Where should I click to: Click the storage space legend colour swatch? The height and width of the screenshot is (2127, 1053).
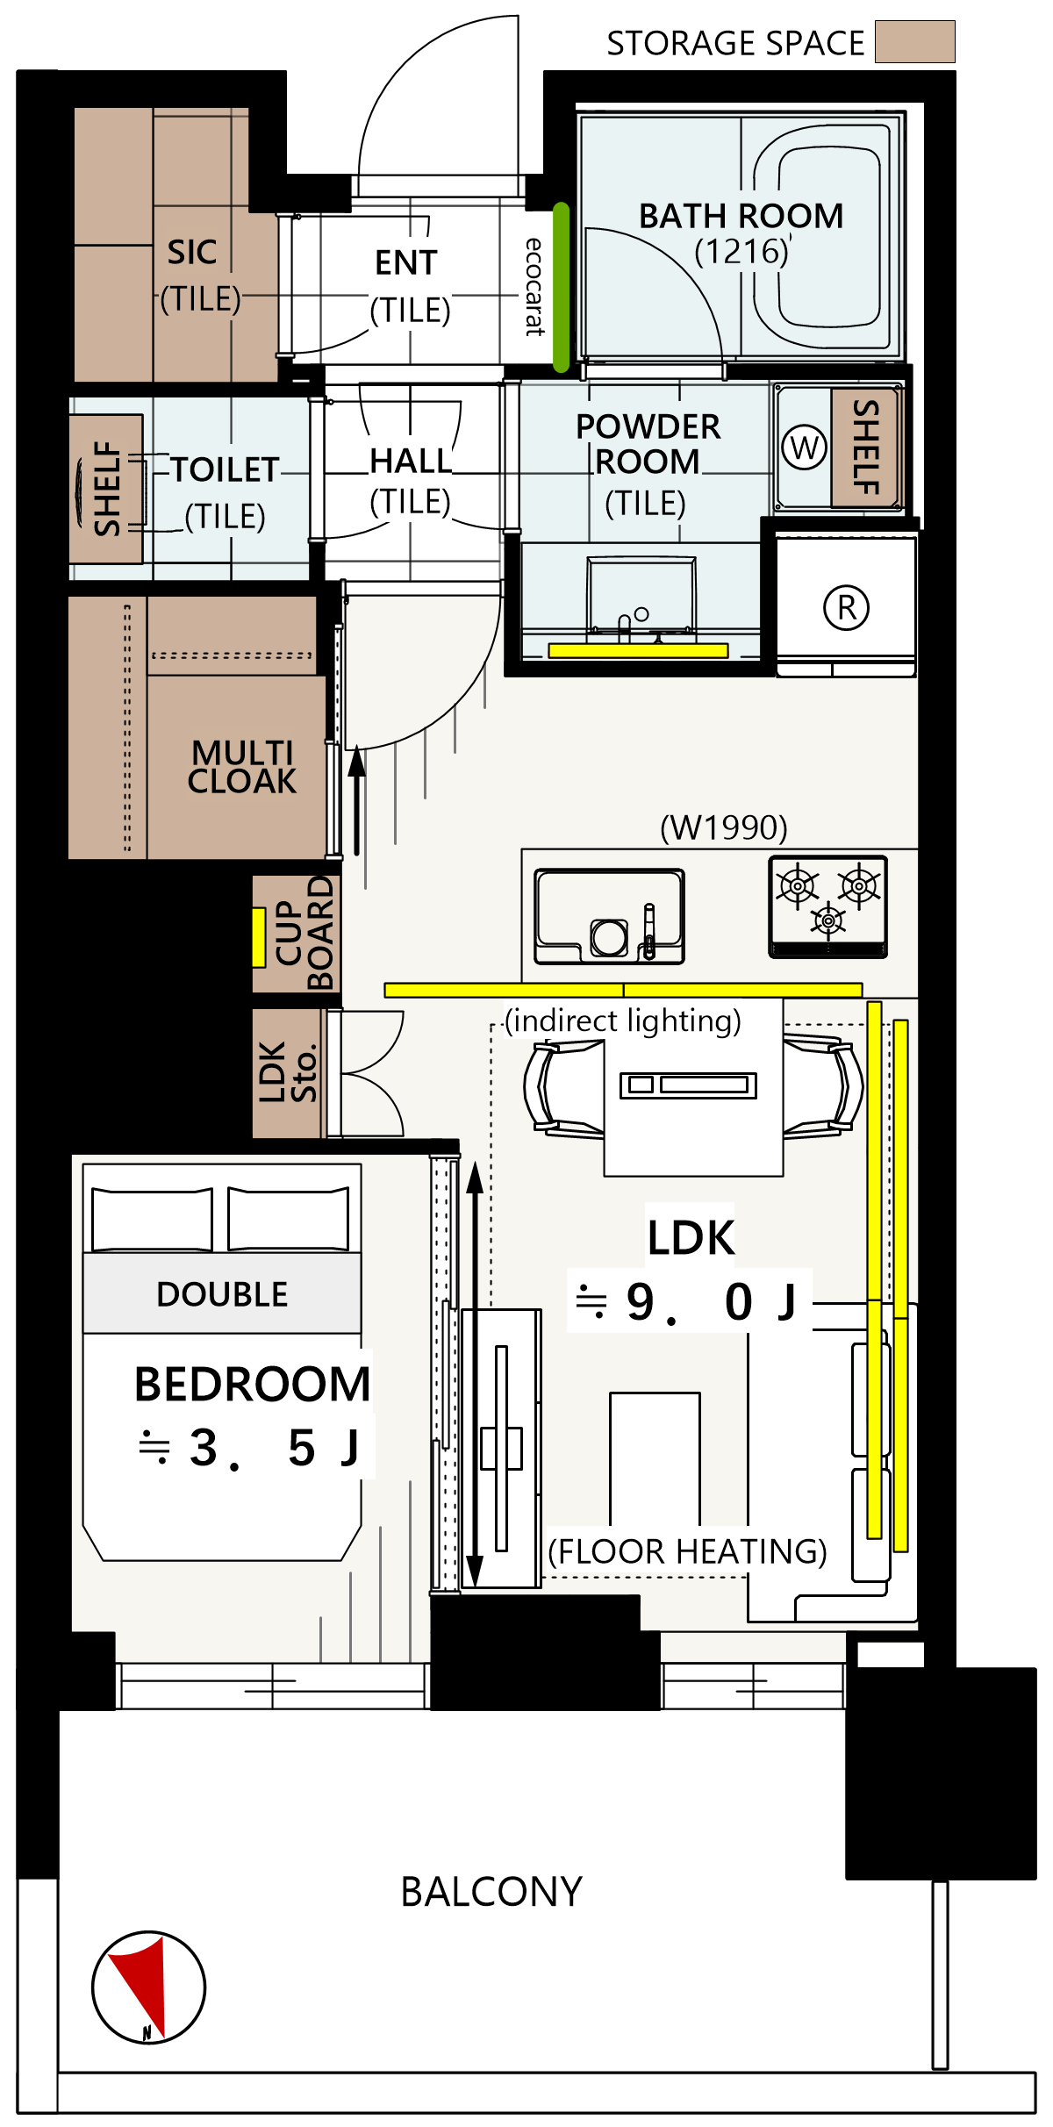pyautogui.click(x=915, y=42)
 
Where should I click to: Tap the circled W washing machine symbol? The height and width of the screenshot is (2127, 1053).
pyautogui.click(x=805, y=448)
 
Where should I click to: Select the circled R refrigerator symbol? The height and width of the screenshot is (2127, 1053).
pyautogui.click(x=847, y=607)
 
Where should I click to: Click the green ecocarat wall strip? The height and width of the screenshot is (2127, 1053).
pyautogui.click(x=562, y=288)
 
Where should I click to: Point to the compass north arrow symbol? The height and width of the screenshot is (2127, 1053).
pyautogui.click(x=148, y=1987)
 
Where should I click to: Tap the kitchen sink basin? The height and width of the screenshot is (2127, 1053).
pyautogui.click(x=610, y=917)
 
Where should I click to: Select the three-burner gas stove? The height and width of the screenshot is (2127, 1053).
pyautogui.click(x=828, y=906)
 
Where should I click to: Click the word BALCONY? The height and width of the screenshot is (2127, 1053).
pyautogui.click(x=491, y=1892)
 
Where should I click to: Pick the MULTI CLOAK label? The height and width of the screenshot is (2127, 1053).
pyautogui.click(x=242, y=767)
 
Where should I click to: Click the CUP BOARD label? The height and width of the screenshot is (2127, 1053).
pyautogui.click(x=304, y=933)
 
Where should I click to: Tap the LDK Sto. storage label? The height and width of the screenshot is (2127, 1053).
pyautogui.click(x=288, y=1072)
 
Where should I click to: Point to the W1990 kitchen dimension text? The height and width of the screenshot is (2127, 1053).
pyautogui.click(x=724, y=827)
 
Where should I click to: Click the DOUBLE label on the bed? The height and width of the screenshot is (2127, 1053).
pyautogui.click(x=222, y=1294)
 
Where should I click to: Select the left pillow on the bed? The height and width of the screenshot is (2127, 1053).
pyautogui.click(x=152, y=1219)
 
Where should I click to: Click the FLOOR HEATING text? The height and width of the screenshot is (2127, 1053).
pyautogui.click(x=688, y=1551)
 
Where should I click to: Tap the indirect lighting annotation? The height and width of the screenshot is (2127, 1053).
pyautogui.click(x=623, y=1021)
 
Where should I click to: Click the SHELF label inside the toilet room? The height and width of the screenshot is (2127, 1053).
pyautogui.click(x=107, y=489)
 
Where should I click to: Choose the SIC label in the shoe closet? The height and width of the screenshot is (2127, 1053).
pyautogui.click(x=192, y=252)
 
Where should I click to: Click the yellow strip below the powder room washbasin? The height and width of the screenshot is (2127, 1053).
pyautogui.click(x=639, y=650)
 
